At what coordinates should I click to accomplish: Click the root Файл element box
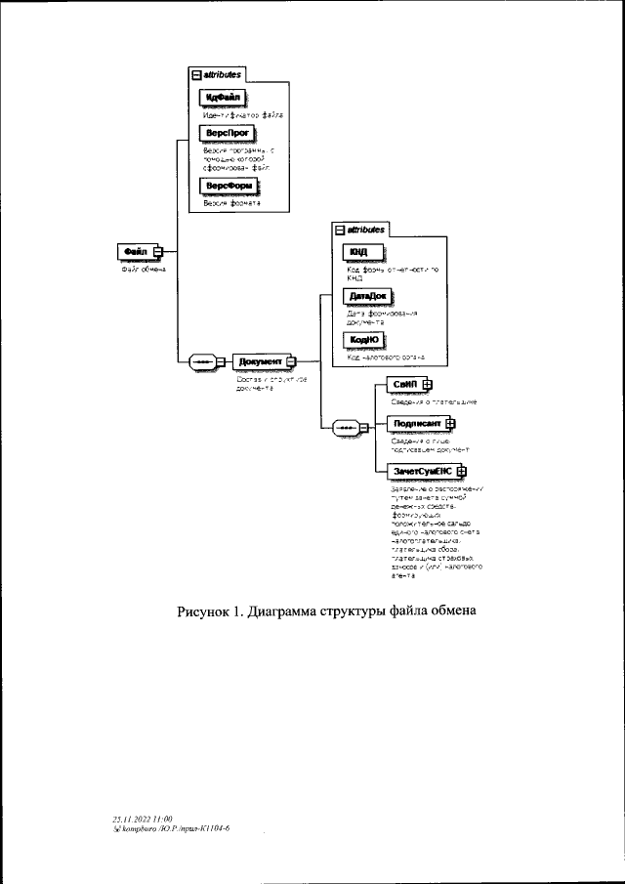click(135, 251)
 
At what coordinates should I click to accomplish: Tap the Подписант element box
click(415, 423)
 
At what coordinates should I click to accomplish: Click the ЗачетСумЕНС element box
click(422, 471)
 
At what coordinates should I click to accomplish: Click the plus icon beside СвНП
click(426, 384)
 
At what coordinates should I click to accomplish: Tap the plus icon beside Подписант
click(450, 423)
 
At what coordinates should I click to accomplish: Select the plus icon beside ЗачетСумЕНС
click(461, 471)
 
